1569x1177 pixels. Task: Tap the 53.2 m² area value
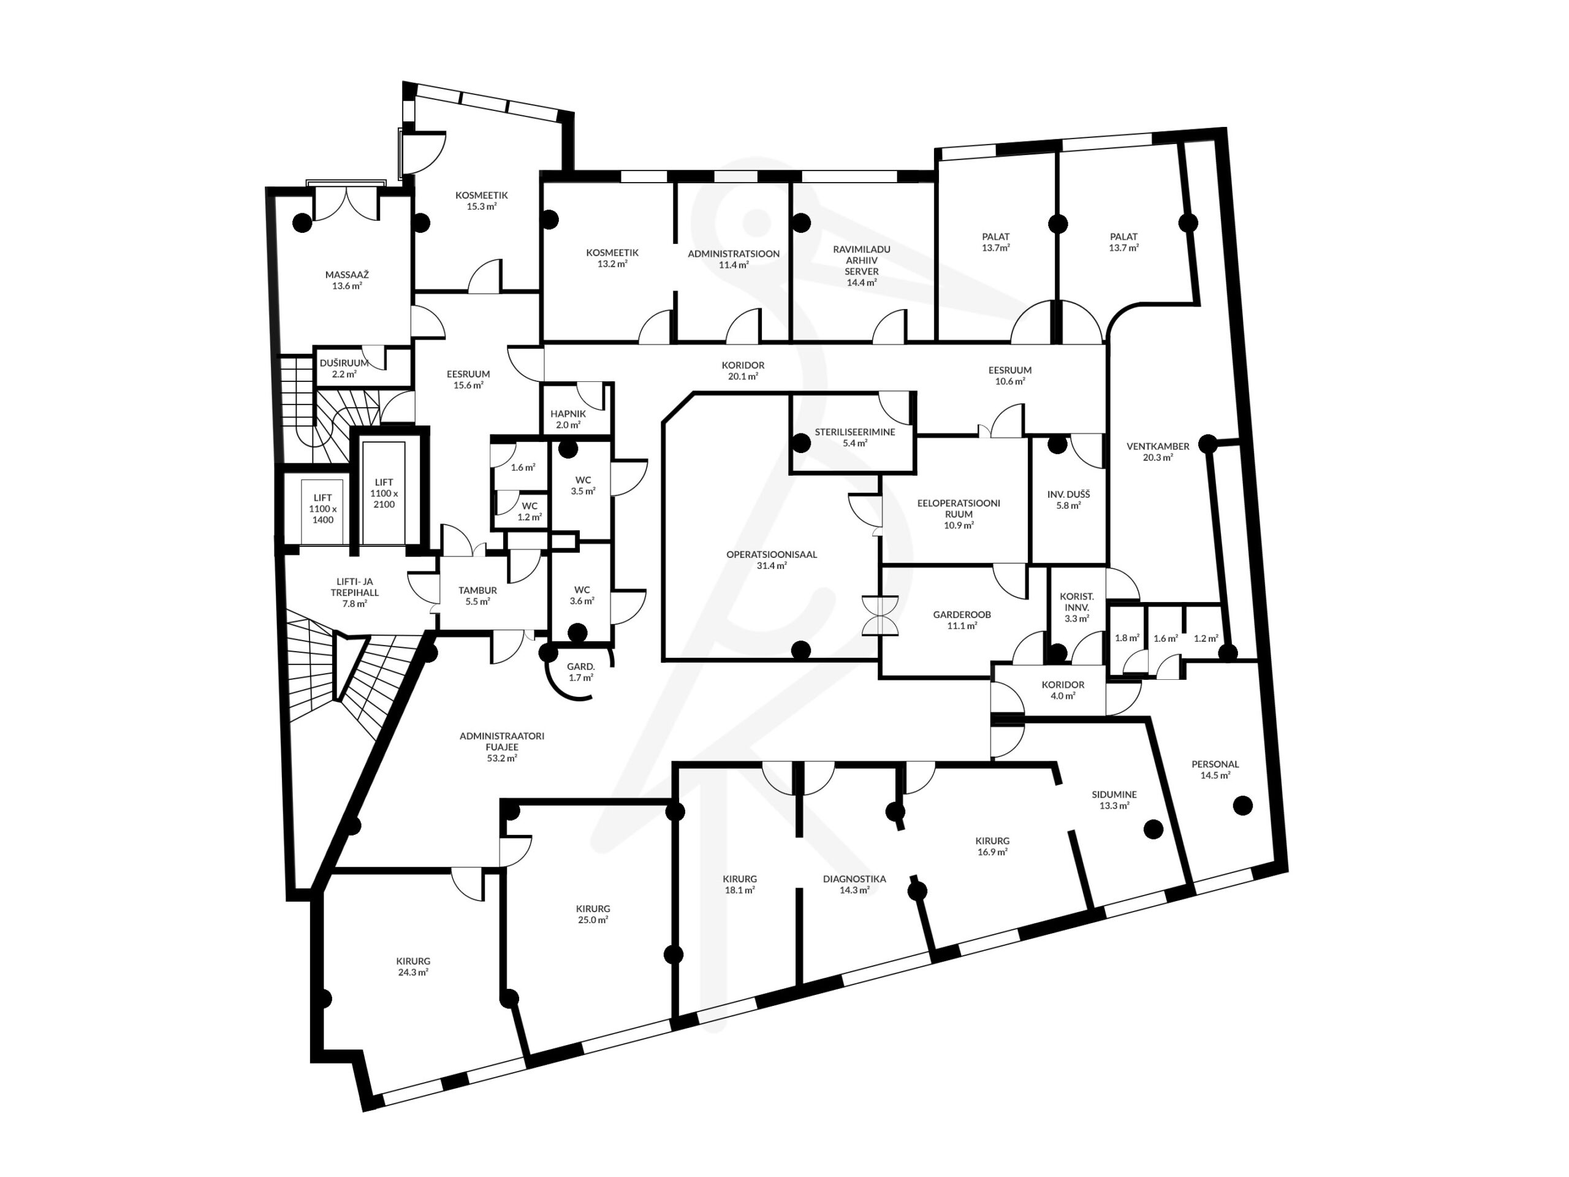(x=501, y=758)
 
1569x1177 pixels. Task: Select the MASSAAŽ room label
(x=347, y=275)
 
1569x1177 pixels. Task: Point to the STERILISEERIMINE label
(x=855, y=432)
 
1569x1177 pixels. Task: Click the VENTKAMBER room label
(x=1158, y=446)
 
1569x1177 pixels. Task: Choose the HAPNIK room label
(x=568, y=414)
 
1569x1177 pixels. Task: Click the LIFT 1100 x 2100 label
(x=384, y=493)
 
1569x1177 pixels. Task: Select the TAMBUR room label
(x=477, y=590)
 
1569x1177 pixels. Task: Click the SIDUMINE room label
(x=1114, y=794)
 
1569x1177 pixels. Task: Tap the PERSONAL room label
(x=1215, y=764)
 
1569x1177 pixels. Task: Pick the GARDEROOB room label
(x=962, y=614)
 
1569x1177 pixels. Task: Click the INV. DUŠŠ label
(x=1068, y=495)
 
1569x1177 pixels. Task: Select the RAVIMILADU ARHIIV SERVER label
(x=862, y=261)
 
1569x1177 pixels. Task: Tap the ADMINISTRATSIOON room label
(x=734, y=253)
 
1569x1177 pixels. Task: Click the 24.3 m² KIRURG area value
(x=413, y=973)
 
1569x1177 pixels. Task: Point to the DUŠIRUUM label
(x=344, y=362)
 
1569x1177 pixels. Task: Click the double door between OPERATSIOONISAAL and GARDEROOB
(x=880, y=615)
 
